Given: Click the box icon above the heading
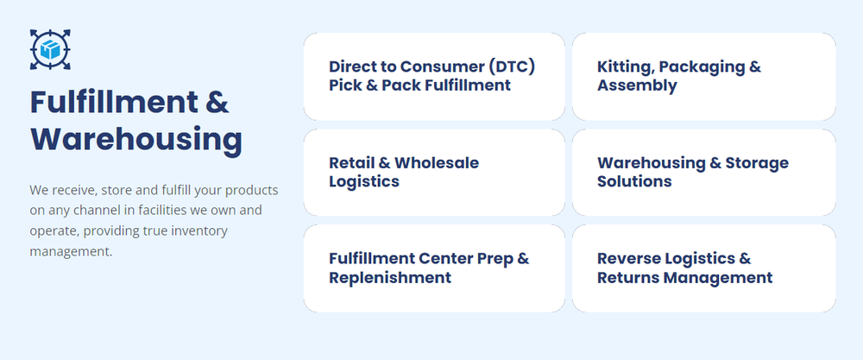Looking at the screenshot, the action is pos(50,49).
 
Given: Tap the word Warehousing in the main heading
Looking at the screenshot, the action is pos(136,141).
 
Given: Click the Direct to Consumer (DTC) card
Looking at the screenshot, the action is pos(434,77).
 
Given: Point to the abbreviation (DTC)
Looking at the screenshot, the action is pos(511,66).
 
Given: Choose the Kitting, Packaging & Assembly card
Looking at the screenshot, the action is pos(704,77).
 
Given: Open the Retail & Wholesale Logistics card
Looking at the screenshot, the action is pos(434,173).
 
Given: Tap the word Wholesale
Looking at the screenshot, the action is pos(437,163).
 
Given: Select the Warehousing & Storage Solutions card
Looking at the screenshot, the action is pos(704,173).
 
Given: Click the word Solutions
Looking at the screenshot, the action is pos(634,181).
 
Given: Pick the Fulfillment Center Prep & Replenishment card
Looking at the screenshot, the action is pos(434,268).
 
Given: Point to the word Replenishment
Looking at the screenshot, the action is pos(390,277).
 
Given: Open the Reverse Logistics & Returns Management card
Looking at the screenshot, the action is pos(704,268).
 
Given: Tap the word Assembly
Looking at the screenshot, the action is pos(638,85).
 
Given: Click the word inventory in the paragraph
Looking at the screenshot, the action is pos(200,231).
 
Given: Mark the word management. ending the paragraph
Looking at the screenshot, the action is pos(71,252).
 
